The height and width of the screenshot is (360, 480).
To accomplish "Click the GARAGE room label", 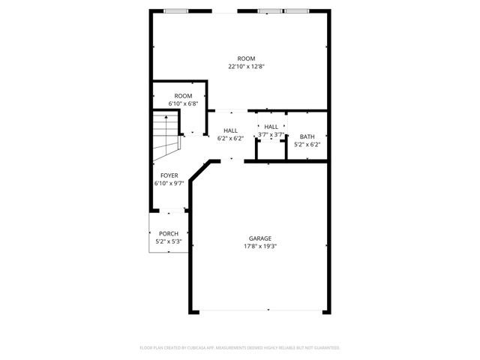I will click(261, 238).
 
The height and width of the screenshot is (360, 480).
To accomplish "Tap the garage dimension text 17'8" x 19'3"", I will click(261, 246).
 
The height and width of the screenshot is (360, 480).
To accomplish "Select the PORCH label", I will click(168, 234).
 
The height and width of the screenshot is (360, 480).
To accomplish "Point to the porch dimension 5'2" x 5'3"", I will click(168, 241).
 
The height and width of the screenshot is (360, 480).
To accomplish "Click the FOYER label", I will click(169, 175).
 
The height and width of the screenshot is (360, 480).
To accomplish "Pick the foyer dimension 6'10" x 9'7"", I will click(169, 183).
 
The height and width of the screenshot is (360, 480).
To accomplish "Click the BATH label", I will click(307, 136).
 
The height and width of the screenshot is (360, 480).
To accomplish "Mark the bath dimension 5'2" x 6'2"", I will click(307, 144).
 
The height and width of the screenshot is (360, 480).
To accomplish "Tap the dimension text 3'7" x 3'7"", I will click(271, 135).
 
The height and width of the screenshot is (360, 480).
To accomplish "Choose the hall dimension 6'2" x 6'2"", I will click(230, 138).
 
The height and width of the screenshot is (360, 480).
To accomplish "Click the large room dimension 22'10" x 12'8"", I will click(247, 66).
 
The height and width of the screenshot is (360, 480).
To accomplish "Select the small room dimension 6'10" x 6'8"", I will click(183, 103).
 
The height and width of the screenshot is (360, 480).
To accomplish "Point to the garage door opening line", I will click(259, 310).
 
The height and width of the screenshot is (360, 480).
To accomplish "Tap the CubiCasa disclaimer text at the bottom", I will click(240, 348).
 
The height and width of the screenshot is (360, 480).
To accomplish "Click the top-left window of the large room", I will click(175, 11).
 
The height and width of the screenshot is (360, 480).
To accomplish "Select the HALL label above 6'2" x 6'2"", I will click(230, 130).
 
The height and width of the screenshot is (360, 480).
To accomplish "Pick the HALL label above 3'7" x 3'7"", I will click(271, 127).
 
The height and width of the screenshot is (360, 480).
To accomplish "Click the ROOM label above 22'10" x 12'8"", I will click(246, 58).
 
